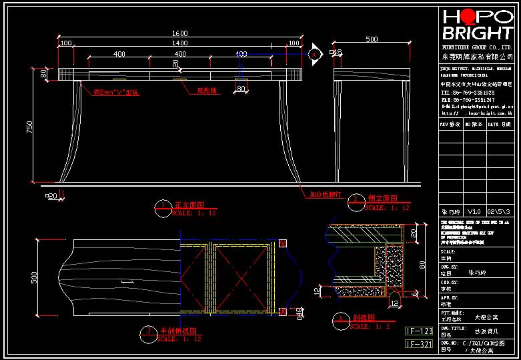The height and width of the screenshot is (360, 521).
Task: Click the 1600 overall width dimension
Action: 180,33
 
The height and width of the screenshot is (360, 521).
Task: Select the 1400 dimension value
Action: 180,43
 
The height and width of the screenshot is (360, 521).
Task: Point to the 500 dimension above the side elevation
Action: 372,40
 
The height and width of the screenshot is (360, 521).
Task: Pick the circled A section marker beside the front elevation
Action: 314,54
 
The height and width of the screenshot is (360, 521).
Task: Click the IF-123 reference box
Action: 420,331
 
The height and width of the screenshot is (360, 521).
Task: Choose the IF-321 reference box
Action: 420,344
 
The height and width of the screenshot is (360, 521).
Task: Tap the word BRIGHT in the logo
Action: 477,33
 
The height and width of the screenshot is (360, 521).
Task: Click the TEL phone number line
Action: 467,93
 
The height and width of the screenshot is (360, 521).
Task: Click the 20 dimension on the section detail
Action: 414,234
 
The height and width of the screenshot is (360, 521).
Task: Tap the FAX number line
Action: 467,99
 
